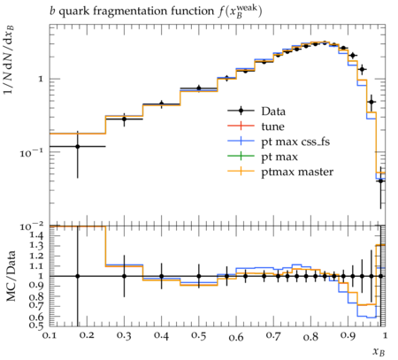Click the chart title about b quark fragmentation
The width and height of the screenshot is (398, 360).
coord(156,11)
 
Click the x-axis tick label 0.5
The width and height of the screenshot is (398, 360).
coord(199,335)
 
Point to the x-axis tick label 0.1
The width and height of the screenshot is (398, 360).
coord(50,335)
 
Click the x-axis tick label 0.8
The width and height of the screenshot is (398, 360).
coord(310,335)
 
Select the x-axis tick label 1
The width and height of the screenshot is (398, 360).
coord(385,335)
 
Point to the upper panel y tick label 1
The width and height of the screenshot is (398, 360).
coord(42,79)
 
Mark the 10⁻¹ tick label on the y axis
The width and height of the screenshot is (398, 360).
coord(32,152)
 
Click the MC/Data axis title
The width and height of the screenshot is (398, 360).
coord(11,276)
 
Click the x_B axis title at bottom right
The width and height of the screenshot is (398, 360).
coord(379,351)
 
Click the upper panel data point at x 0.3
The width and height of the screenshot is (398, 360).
coord(124,119)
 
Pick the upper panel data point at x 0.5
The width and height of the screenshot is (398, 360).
coord(199,88)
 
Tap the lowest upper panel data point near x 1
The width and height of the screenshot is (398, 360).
coord(380,180)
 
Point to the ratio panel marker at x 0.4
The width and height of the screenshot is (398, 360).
coord(161,276)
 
